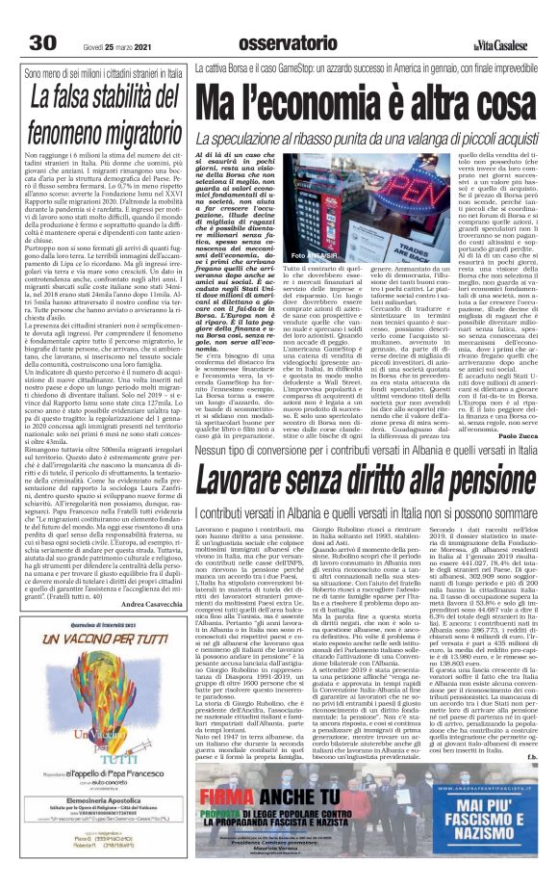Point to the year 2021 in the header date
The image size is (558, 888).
[141, 17]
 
